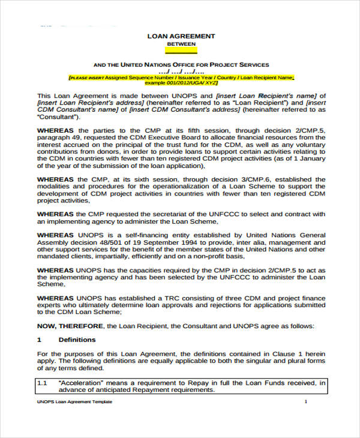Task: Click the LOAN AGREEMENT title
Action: tap(181, 36)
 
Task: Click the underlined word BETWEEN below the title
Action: tap(181, 44)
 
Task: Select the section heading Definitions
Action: tap(73, 340)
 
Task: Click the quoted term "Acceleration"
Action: tap(79, 382)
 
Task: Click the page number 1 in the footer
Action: tap(306, 401)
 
